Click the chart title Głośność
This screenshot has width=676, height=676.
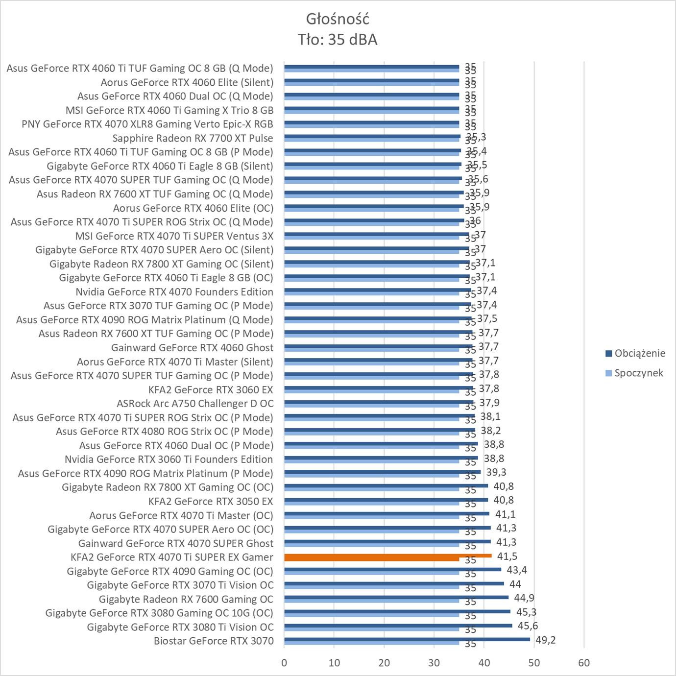(x=338, y=19)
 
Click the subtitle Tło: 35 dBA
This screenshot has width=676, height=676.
(x=338, y=40)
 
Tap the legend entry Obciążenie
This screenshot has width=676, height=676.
(x=639, y=353)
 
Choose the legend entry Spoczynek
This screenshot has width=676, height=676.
(x=638, y=373)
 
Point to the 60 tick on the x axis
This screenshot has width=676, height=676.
(x=584, y=663)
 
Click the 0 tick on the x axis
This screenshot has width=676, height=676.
(x=284, y=663)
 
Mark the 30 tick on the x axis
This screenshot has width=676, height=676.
(x=434, y=663)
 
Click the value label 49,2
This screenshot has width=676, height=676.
(x=545, y=640)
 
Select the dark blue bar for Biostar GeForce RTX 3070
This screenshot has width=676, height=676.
(x=407, y=639)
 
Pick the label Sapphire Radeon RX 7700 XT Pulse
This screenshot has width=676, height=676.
(x=193, y=138)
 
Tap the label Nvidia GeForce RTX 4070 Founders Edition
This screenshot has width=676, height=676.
(x=174, y=292)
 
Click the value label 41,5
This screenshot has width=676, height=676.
(x=507, y=556)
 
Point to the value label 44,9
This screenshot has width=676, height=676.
(x=524, y=598)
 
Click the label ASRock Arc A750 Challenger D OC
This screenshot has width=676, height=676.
(x=195, y=404)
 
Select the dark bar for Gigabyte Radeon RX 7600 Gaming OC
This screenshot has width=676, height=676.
(x=396, y=597)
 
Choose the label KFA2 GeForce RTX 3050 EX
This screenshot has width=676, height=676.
(x=211, y=501)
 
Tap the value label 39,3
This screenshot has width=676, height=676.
(x=496, y=472)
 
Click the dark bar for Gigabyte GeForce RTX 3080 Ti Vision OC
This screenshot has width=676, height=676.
(x=398, y=625)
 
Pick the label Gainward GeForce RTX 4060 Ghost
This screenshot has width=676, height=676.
(x=192, y=348)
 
